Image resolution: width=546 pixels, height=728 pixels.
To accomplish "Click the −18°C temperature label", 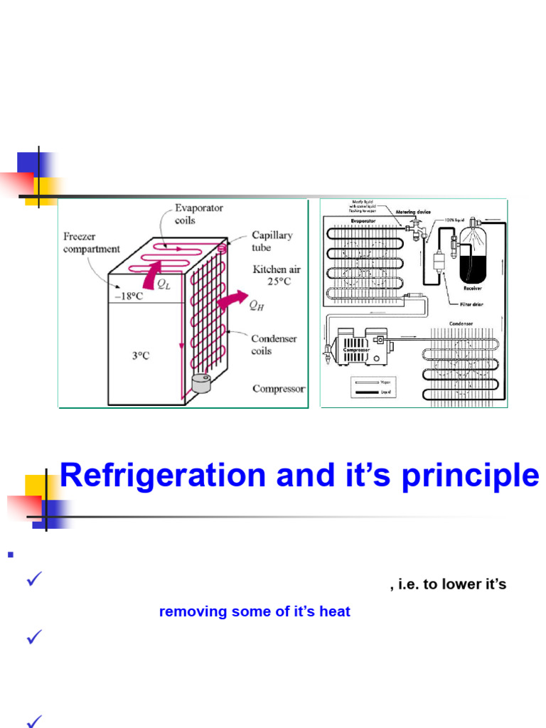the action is point(128,296).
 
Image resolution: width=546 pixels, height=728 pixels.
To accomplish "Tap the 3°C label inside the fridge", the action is point(140,355).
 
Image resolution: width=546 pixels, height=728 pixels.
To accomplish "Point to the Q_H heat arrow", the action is point(230,301).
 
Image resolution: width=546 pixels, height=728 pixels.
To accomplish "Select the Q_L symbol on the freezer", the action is point(164,284).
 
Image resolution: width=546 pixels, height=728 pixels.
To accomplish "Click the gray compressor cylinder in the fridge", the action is point(202,383).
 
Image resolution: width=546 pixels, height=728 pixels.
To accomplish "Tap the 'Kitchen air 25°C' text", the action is point(277,275).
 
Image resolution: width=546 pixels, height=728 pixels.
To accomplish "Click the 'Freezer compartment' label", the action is point(92,242).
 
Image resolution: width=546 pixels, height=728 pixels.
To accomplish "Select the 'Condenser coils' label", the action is point(274,345).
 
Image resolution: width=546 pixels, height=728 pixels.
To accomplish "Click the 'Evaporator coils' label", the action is point(198,214).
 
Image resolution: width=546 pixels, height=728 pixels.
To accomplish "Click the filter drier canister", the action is point(439,260).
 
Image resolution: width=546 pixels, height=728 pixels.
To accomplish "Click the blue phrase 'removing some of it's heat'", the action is point(255,611).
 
